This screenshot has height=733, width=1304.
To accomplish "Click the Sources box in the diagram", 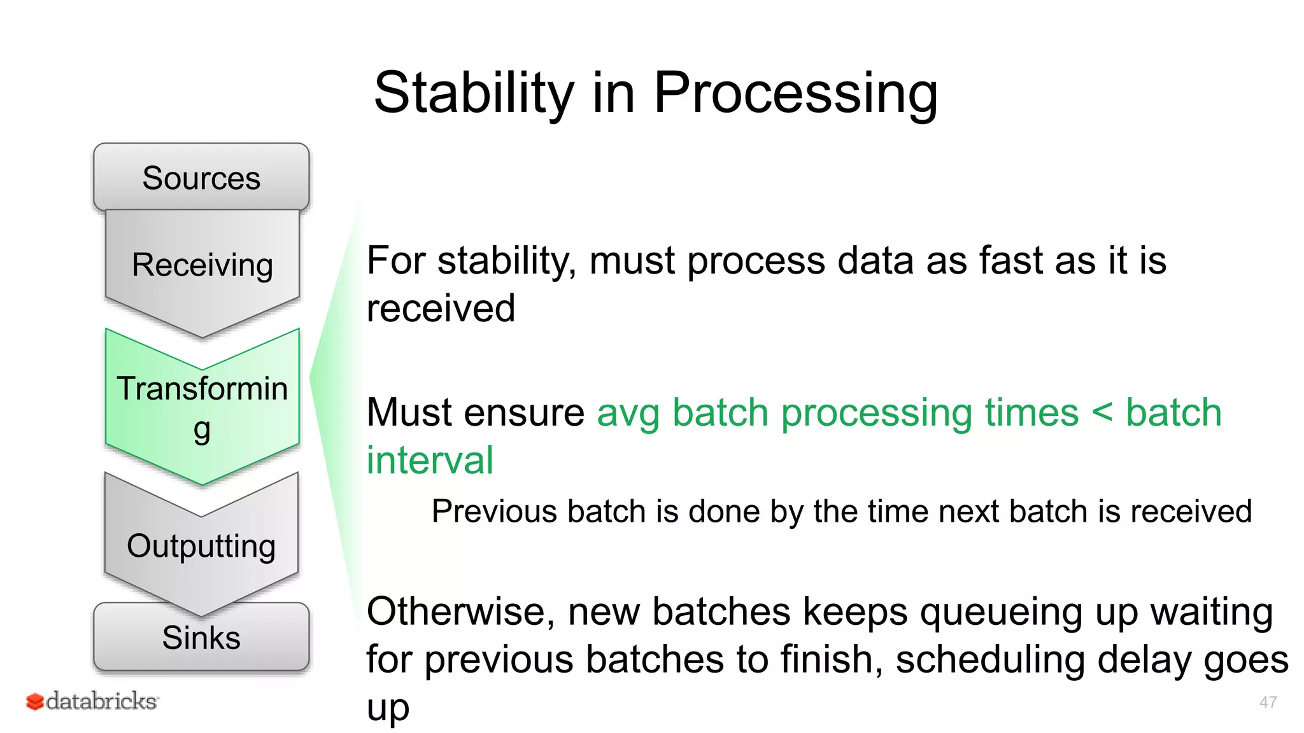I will click(201, 178).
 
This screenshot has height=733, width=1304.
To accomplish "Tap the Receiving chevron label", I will click(202, 265).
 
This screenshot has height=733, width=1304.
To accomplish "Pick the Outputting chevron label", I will click(201, 546).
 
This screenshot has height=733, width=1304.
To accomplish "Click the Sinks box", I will click(201, 638).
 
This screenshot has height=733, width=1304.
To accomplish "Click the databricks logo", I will click(93, 701).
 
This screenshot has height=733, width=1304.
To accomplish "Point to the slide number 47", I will click(1267, 702).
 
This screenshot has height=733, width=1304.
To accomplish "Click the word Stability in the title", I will click(474, 93).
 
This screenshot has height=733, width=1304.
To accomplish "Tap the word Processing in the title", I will click(795, 93).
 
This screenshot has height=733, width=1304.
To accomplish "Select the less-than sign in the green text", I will click(1102, 412).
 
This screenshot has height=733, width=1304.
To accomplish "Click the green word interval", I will click(430, 460).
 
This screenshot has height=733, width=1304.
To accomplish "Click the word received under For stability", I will click(441, 309).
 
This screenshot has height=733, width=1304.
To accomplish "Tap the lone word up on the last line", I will click(388, 708).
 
